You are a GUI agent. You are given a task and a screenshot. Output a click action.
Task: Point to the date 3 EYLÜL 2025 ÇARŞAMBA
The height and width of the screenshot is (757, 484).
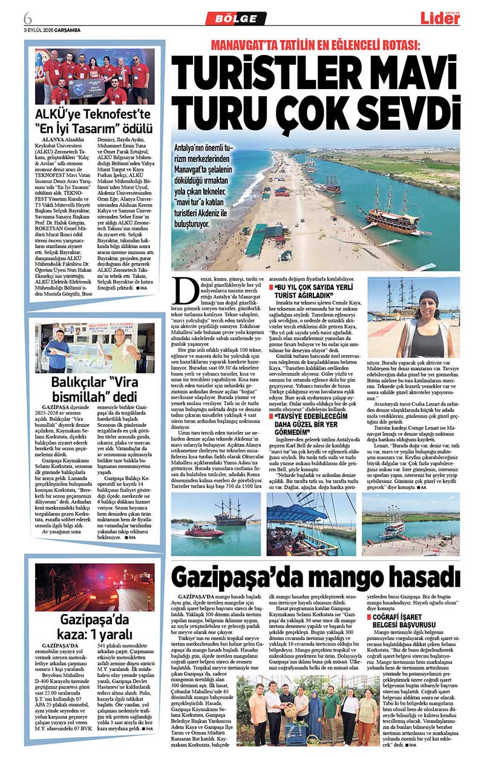coord(52,30)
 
